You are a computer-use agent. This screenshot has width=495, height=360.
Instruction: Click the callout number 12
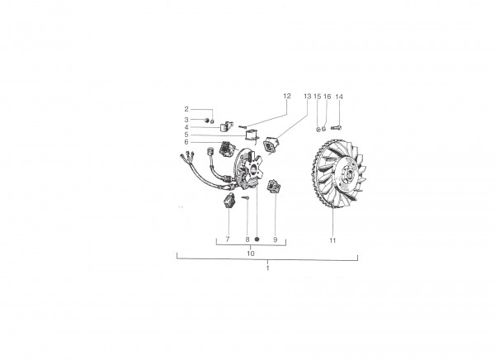coord(286,96)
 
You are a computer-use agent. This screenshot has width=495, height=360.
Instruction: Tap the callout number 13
coord(307,97)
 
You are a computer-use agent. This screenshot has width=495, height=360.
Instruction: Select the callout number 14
coord(339,97)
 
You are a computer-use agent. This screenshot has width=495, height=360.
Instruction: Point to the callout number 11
coord(332,240)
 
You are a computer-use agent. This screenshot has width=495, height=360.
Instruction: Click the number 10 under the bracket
coord(250,253)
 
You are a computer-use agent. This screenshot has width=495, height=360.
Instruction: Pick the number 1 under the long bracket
coord(267,268)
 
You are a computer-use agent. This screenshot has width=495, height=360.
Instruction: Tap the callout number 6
coord(186,142)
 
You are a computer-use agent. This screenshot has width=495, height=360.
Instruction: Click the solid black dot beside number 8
coord(257,239)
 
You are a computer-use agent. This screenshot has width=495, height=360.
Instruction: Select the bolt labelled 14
coord(337,127)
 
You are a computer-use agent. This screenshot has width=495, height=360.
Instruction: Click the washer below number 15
coord(318,129)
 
